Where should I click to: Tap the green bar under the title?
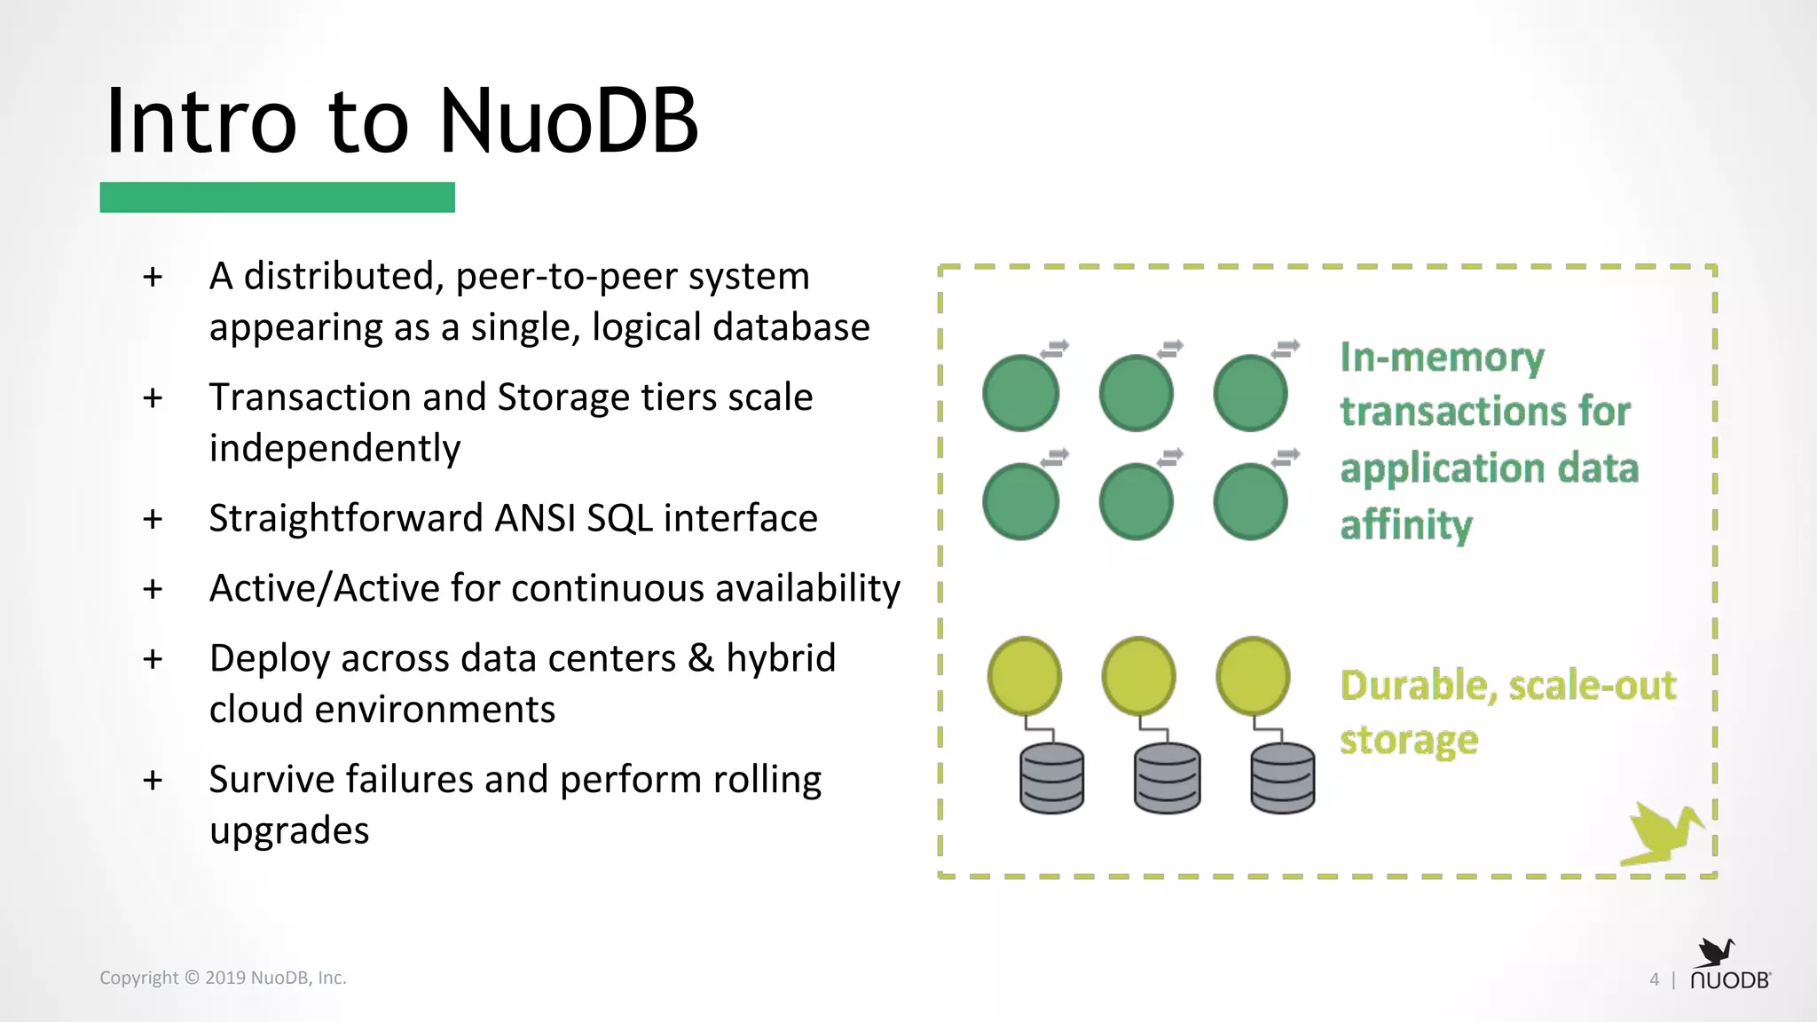point(277,197)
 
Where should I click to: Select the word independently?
point(334,448)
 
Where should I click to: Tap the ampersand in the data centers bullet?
point(701,658)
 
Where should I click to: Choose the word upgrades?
point(289,831)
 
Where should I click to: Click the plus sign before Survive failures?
point(153,780)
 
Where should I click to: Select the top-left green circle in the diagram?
point(1020,393)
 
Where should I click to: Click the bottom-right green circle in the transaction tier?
point(1250,501)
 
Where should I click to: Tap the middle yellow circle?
point(1138,676)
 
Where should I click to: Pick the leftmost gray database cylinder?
point(1051,778)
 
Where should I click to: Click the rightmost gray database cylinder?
point(1282,778)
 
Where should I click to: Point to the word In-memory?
point(1442,358)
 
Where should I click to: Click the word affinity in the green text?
point(1406,525)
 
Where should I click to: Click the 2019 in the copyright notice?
point(225,978)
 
